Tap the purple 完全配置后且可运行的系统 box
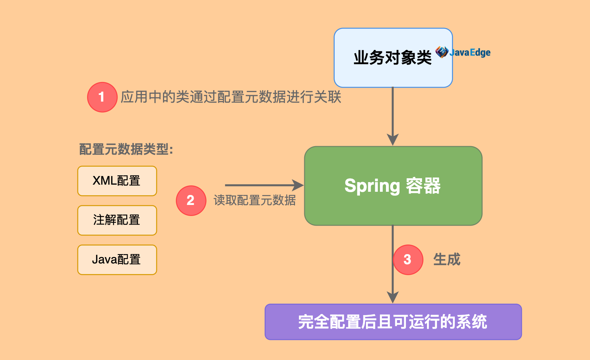pos(393,322)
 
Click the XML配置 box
pos(117,181)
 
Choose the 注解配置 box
pos(117,220)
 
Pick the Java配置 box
pos(117,259)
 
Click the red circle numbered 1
pos(102,97)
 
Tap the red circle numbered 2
pos(191,200)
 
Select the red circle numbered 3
pos(408,259)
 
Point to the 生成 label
pos(447,259)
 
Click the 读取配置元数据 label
pos(254,200)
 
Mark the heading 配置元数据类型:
pos(126,149)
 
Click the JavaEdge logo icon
pos(442,52)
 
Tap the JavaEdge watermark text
pos(470,53)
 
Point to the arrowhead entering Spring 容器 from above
pos(393,139)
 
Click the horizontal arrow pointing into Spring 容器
pos(264,185)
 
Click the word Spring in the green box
pos(372,186)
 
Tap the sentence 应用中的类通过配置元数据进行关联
pos(231,97)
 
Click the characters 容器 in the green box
pos(423,186)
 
